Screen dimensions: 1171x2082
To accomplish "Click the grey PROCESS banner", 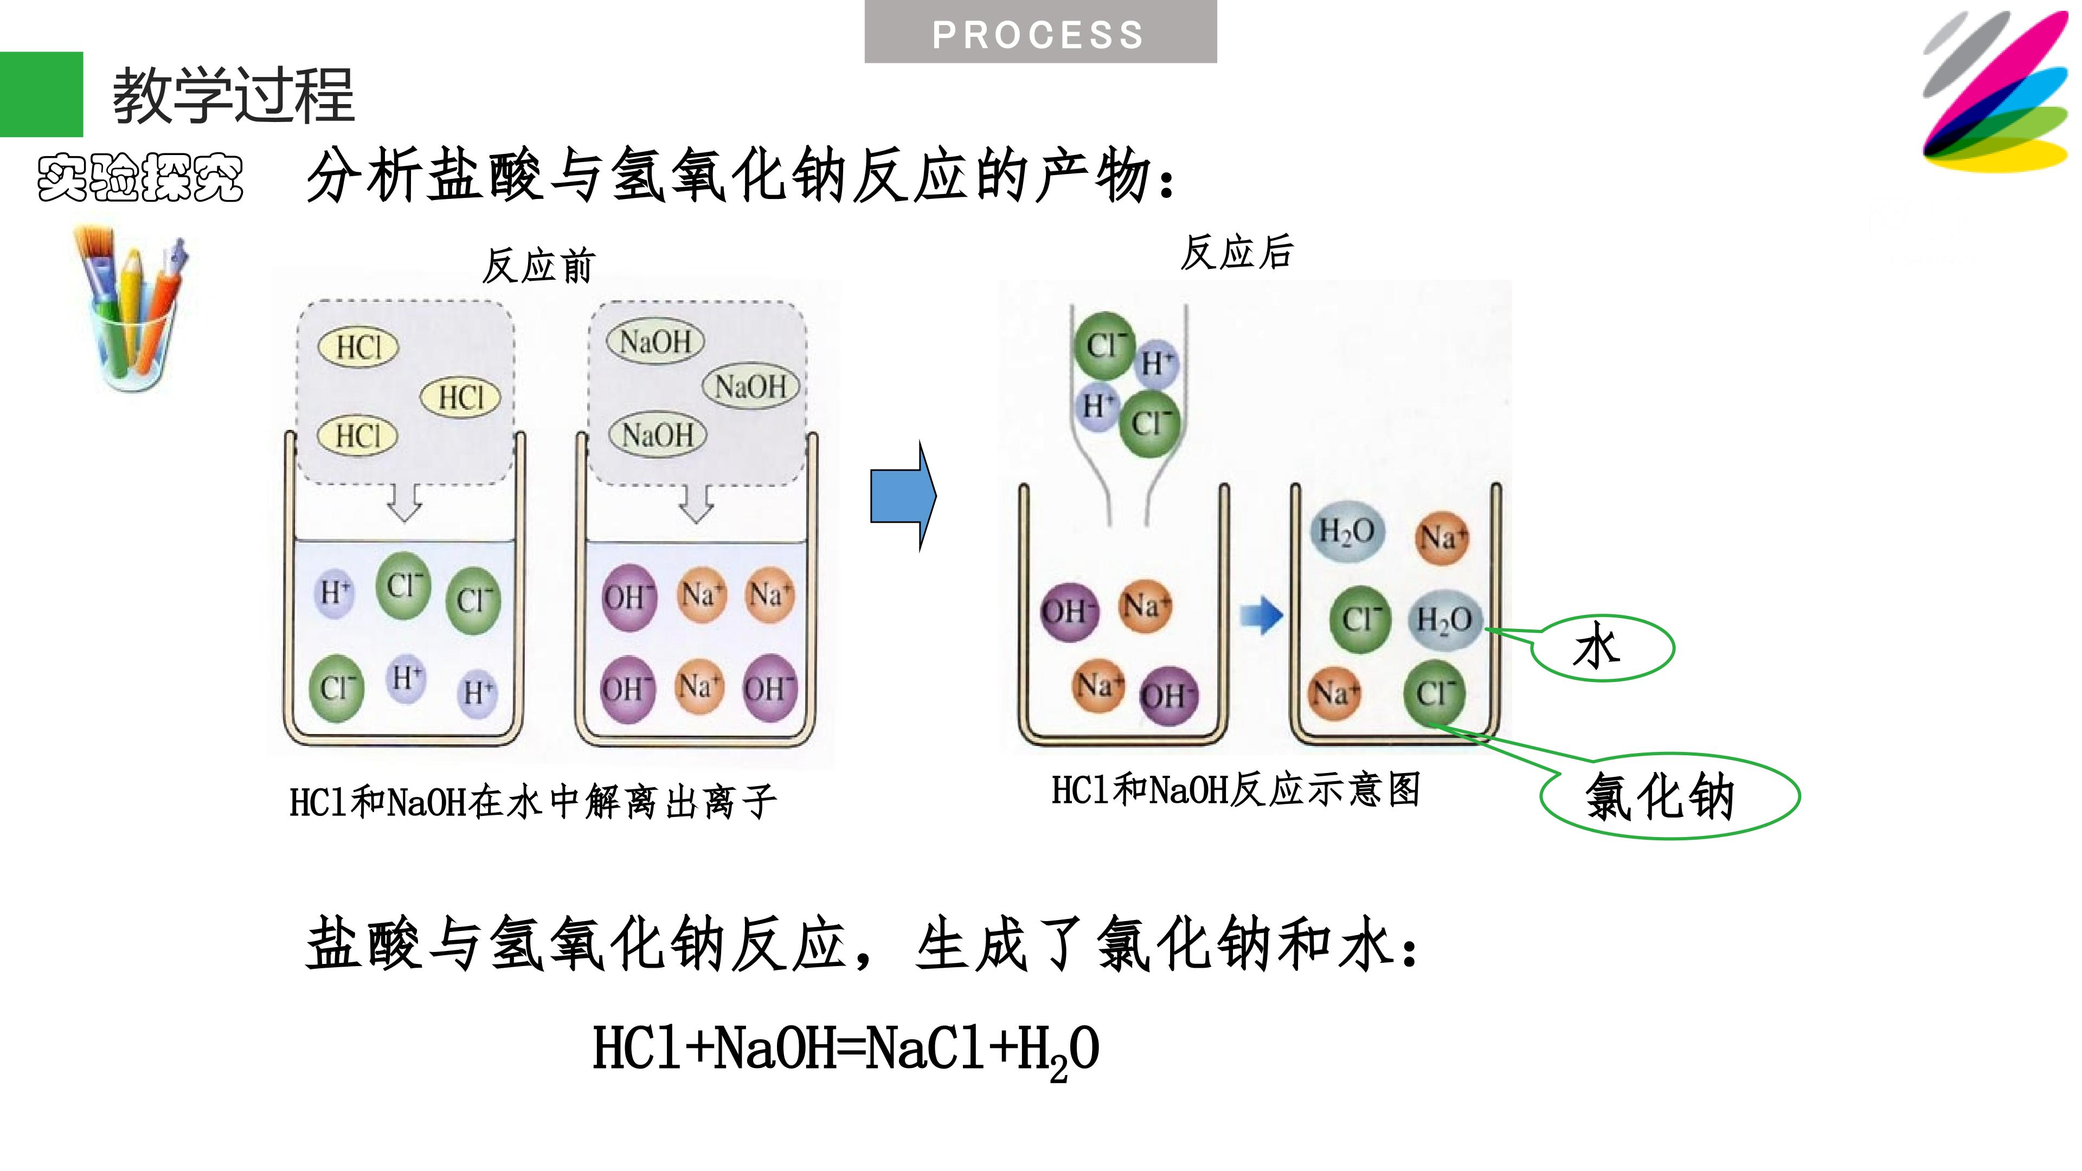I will [1040, 33].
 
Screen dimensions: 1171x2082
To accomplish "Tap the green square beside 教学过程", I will [41, 94].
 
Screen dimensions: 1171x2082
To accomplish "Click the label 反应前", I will [538, 266].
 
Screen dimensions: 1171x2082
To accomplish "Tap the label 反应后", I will [1237, 252].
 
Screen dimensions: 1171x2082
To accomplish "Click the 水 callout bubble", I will [1603, 648].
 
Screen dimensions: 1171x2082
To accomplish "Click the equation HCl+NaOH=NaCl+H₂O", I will [845, 1049].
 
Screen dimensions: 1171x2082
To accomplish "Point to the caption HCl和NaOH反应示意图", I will [1235, 789].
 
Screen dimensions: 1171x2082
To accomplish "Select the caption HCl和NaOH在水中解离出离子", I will [532, 802].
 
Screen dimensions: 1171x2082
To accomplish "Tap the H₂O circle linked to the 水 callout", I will [1444, 621].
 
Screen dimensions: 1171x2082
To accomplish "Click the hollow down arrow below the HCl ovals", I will [405, 503].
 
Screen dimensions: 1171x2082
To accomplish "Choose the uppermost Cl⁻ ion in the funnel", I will [1104, 346].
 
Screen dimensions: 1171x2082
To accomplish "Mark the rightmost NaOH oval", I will [751, 387].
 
